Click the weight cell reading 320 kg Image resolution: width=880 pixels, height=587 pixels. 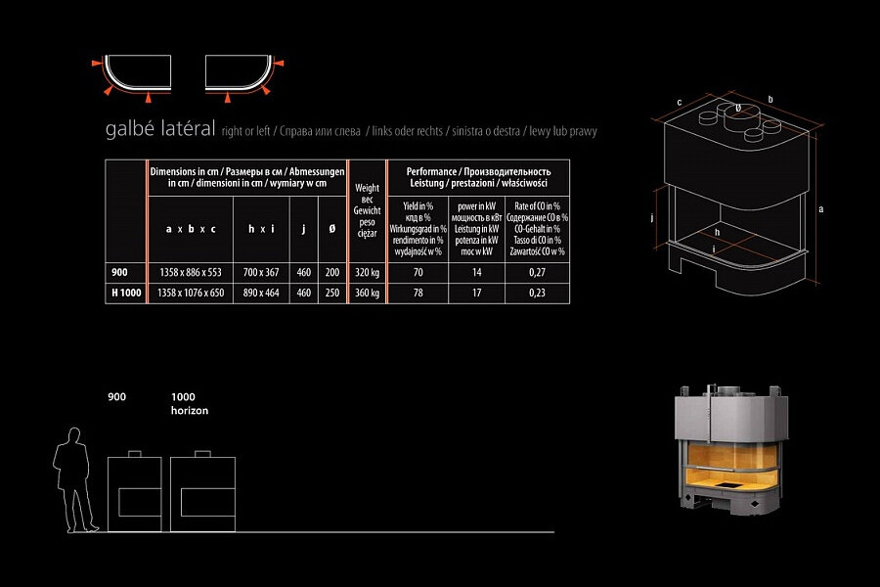[x=367, y=274]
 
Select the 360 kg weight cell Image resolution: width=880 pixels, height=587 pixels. [x=367, y=293]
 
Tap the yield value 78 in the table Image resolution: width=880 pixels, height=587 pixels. [x=418, y=293]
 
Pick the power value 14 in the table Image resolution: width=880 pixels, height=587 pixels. [x=477, y=274]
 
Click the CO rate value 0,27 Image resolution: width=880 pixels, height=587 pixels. [x=537, y=274]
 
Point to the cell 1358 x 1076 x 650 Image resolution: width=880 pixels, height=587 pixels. [x=191, y=293]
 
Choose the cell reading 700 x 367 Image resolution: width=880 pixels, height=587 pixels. [x=261, y=274]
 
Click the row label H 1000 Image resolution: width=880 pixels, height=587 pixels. [x=124, y=293]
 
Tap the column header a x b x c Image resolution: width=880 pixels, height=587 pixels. [x=191, y=229]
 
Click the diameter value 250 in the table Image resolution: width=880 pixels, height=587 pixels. [x=332, y=293]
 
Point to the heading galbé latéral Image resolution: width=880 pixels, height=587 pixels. [x=158, y=130]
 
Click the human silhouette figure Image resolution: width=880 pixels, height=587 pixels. [x=72, y=479]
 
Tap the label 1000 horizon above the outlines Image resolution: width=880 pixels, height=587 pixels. [x=189, y=404]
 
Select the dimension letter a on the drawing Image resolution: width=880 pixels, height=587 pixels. [x=822, y=208]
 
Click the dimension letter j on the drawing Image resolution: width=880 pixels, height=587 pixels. [x=651, y=218]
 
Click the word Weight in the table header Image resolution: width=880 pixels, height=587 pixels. [x=367, y=188]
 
